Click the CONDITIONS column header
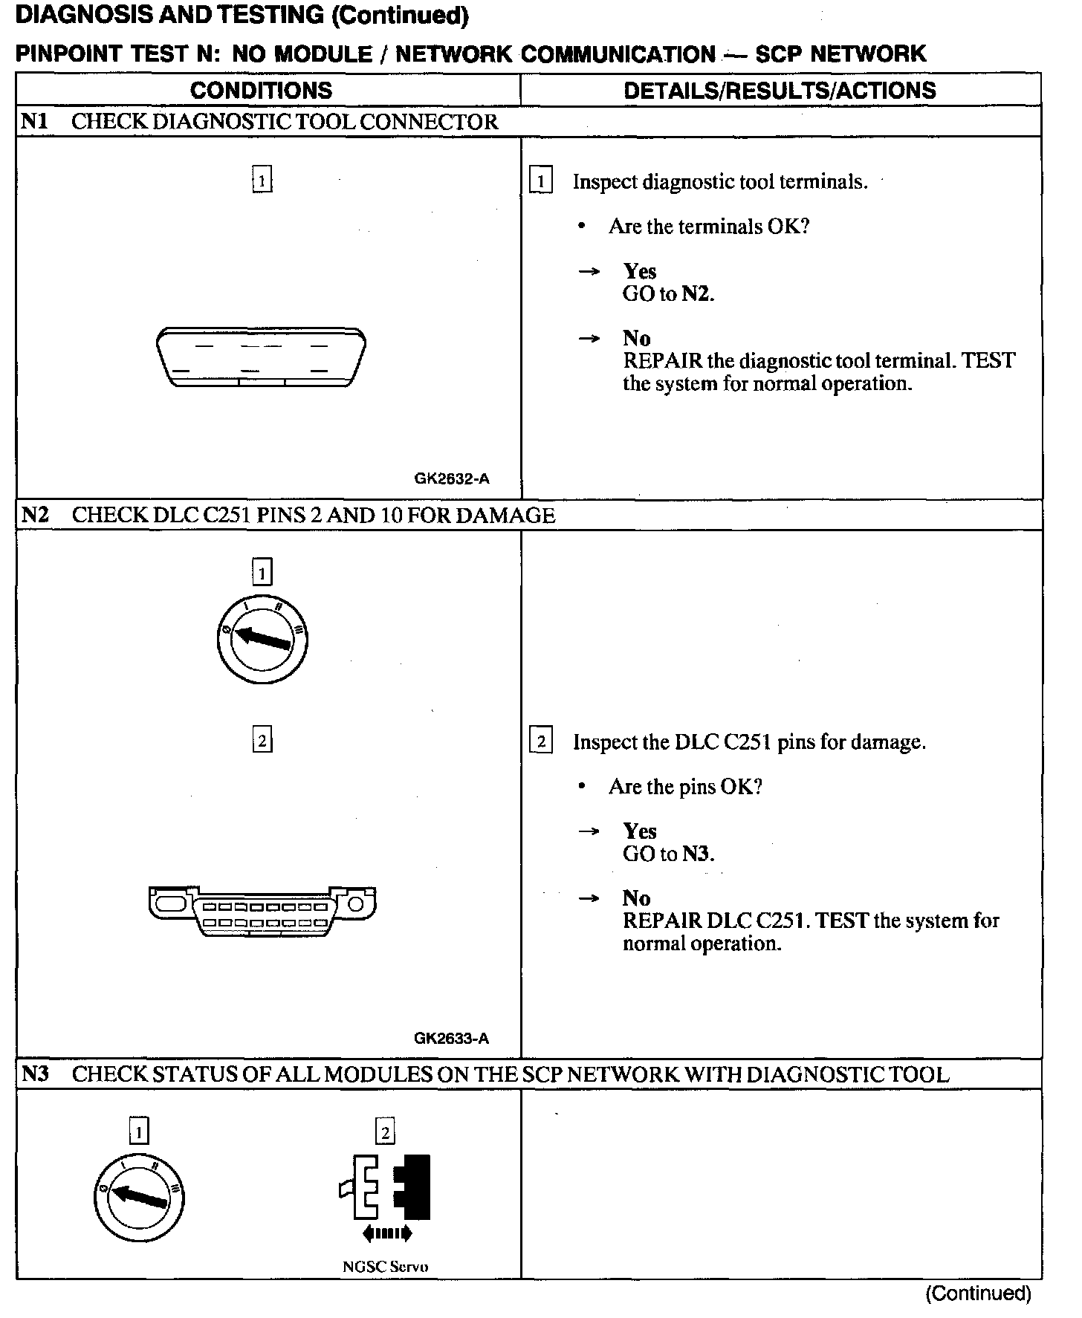[261, 91]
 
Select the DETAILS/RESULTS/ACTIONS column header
[780, 91]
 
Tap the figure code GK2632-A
[452, 479]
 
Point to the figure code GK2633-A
[452, 1039]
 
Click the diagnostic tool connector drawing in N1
[261, 357]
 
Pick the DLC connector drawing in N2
[262, 911]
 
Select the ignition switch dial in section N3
[139, 1201]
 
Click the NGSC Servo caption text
[386, 1267]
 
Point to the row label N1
[34, 121]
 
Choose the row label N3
[35, 1074]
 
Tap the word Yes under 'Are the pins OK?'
[639, 831]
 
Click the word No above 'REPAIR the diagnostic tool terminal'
[636, 339]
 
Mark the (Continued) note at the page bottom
[978, 1293]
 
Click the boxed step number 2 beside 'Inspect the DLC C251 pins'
[541, 741]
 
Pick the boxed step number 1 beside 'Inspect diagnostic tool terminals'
[541, 182]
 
